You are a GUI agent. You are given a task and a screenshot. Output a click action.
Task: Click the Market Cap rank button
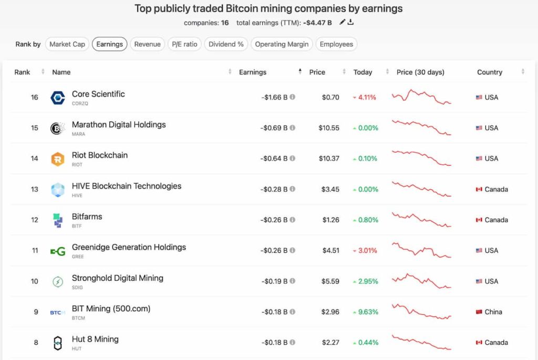click(67, 44)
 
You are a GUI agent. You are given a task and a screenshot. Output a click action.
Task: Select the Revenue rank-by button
click(147, 44)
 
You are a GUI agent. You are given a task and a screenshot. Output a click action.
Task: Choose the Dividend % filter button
click(226, 44)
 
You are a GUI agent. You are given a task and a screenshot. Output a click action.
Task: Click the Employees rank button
click(336, 44)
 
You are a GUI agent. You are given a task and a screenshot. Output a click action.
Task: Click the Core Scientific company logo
click(57, 98)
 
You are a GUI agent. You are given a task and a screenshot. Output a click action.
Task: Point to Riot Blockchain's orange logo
click(57, 159)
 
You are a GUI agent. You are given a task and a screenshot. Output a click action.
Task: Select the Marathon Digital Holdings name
click(119, 125)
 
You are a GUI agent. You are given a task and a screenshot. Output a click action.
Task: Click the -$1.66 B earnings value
click(274, 97)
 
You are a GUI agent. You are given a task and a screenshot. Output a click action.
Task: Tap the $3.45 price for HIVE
click(330, 189)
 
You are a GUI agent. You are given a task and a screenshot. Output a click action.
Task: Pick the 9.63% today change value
click(368, 312)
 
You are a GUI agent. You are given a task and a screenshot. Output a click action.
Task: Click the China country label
click(493, 312)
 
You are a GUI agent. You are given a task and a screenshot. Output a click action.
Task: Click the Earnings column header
click(253, 72)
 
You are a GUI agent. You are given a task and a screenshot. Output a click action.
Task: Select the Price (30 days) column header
click(420, 72)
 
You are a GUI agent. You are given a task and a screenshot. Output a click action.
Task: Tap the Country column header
click(490, 72)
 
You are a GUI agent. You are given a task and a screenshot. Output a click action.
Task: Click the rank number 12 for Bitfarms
click(35, 220)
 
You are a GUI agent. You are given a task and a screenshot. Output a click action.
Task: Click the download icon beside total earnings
click(351, 22)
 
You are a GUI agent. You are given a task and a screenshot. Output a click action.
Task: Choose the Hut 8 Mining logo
click(57, 343)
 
